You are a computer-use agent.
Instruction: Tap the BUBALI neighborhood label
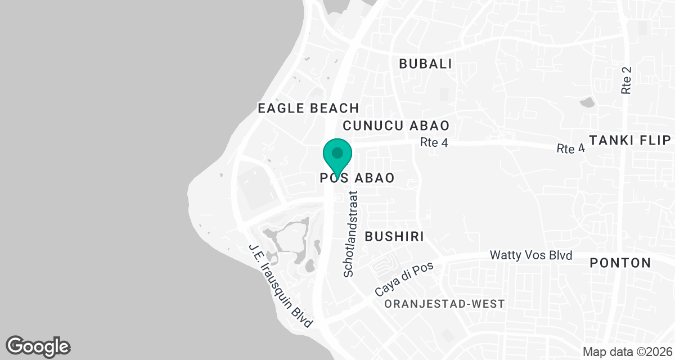point(425,64)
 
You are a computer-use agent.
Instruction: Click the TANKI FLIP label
point(629,139)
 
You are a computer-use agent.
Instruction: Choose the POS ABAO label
point(355,178)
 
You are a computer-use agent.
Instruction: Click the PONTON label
point(620,263)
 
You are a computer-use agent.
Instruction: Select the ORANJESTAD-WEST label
point(444,304)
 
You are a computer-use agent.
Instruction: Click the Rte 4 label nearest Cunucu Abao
point(434,143)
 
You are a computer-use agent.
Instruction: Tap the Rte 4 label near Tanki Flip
point(570,148)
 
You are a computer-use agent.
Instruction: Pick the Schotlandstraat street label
point(352,233)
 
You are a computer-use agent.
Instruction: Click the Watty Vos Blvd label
point(532,255)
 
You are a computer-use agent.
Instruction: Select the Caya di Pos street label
point(404,280)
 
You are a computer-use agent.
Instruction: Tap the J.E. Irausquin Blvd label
point(280,286)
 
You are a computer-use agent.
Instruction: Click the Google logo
point(38,346)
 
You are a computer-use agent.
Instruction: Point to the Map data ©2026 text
point(627,352)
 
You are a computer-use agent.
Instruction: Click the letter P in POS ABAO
point(323,178)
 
